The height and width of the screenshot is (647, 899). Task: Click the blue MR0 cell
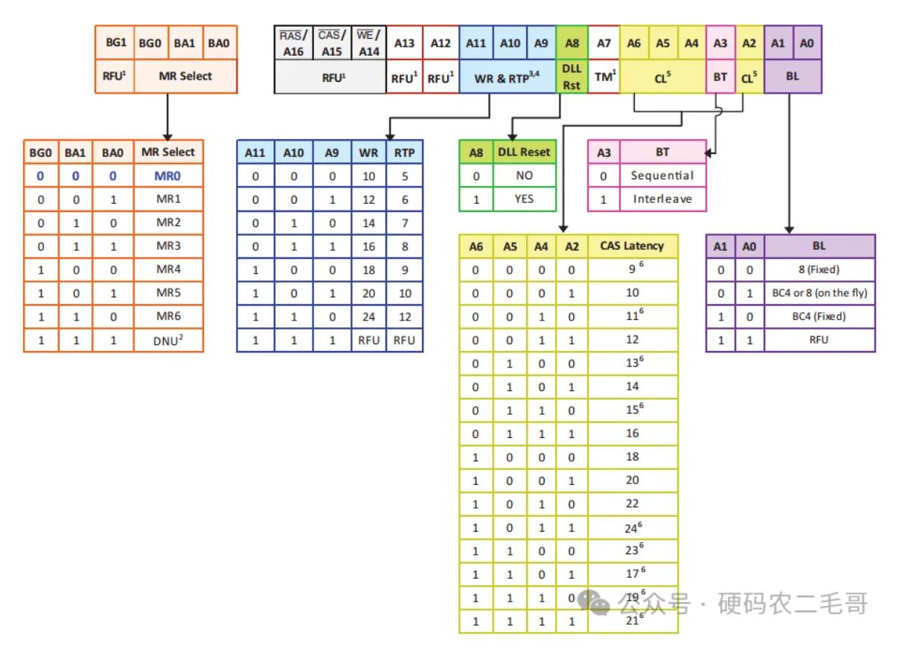click(167, 176)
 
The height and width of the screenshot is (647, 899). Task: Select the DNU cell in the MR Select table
click(167, 341)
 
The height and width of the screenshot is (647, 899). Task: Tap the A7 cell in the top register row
click(604, 43)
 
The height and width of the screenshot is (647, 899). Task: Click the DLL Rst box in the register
click(572, 76)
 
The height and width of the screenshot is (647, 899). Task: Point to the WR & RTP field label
click(507, 77)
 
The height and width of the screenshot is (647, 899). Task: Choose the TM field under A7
click(604, 76)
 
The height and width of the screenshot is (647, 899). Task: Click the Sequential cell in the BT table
click(662, 176)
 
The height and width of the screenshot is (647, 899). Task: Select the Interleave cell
click(662, 199)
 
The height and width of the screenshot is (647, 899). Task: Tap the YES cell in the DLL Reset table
click(524, 199)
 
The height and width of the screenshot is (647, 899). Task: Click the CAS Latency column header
click(632, 246)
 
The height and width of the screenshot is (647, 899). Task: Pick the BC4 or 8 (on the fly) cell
click(819, 293)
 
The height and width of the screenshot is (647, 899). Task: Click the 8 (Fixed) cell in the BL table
click(819, 269)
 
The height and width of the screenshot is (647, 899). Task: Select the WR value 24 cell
click(369, 317)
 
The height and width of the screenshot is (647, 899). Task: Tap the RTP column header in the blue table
click(405, 152)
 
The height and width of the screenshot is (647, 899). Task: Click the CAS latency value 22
click(632, 503)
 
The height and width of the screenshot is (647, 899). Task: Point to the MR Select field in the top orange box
click(185, 76)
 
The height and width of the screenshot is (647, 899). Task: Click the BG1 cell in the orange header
click(115, 42)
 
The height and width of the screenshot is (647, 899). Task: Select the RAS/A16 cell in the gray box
click(293, 43)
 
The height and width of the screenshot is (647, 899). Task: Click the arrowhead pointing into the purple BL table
click(789, 230)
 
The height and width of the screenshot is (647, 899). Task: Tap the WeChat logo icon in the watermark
click(594, 602)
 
